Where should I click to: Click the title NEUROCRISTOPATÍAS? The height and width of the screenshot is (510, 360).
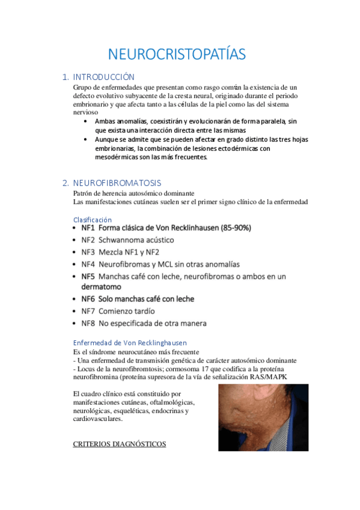177,54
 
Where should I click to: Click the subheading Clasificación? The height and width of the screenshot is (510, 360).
92,220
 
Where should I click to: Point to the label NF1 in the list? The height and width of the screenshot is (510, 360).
88,229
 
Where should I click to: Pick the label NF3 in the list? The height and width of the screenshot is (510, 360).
88,252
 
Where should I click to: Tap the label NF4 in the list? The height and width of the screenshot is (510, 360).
88,264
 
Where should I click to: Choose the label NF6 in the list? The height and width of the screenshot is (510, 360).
88,299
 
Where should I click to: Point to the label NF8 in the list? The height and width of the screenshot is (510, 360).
88,323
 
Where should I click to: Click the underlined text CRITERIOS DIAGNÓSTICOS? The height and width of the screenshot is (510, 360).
119,444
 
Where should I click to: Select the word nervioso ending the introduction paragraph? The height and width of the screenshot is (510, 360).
85,112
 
